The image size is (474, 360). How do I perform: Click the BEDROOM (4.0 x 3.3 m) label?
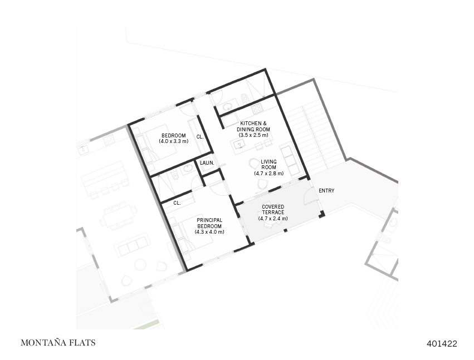(x=174, y=139)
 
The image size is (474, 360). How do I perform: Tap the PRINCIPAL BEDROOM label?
(x=209, y=223)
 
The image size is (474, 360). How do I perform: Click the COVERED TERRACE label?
(x=273, y=213)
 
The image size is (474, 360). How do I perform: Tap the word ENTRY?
(x=326, y=191)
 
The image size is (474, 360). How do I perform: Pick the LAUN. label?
(x=207, y=163)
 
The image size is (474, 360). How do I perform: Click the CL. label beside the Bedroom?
(x=200, y=136)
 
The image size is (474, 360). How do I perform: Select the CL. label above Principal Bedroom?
(x=177, y=203)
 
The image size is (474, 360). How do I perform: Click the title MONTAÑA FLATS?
(x=58, y=343)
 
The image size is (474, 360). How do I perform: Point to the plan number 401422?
(x=442, y=344)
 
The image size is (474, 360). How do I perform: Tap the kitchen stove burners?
(x=257, y=107)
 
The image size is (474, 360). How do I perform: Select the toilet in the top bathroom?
(x=245, y=98)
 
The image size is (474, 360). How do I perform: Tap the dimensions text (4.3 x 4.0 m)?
(x=209, y=231)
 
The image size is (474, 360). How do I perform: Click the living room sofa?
(x=289, y=159)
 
